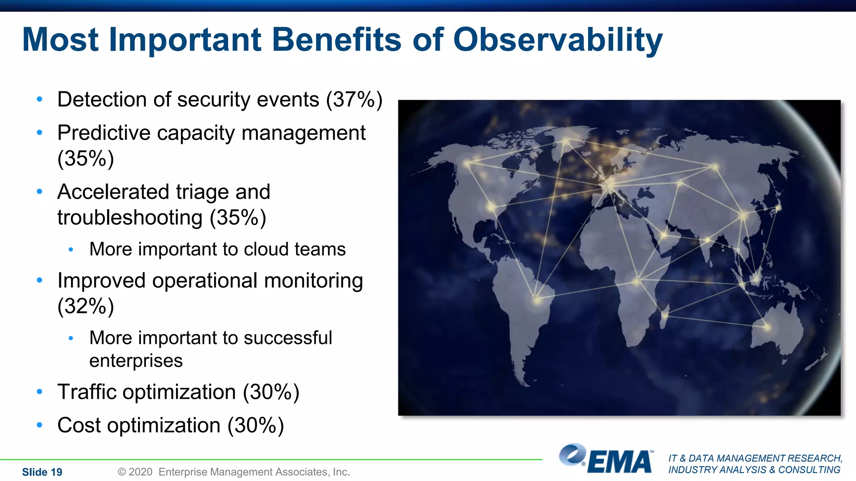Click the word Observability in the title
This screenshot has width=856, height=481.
tap(558, 40)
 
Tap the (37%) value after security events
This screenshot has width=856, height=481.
tap(354, 100)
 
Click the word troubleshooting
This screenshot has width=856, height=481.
tap(130, 218)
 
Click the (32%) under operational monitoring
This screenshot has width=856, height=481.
tap(86, 306)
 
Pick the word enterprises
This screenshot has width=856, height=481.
tap(136, 361)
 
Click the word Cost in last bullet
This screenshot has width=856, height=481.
tap(79, 425)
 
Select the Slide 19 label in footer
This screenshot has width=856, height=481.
tap(42, 472)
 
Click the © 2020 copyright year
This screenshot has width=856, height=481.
tap(135, 472)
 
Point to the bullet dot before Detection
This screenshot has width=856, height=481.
tap(40, 99)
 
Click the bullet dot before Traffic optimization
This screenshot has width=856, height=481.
tap(40, 392)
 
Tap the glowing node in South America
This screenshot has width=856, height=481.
tap(537, 300)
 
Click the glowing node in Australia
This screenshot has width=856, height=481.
tap(767, 327)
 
